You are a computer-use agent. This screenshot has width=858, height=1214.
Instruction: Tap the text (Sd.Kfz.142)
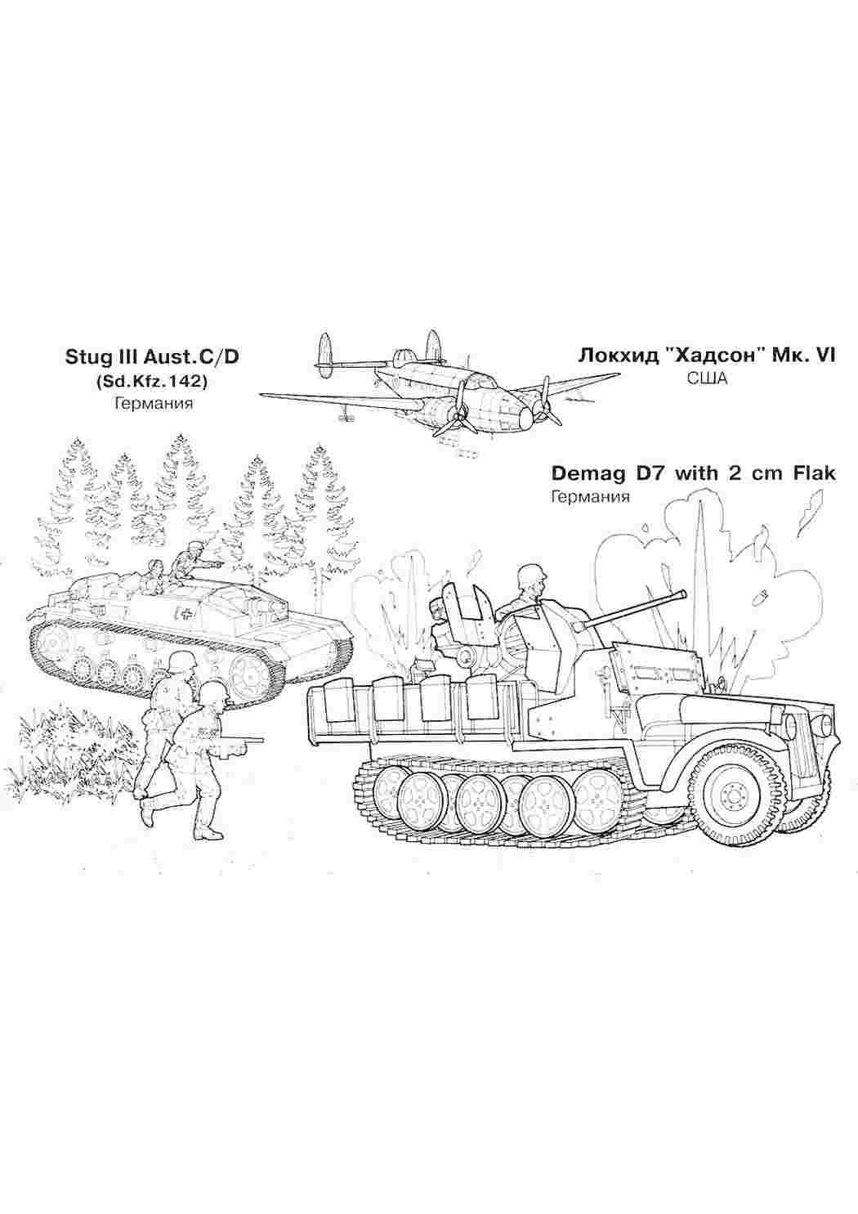point(151,382)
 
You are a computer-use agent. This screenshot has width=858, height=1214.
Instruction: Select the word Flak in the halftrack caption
point(814,473)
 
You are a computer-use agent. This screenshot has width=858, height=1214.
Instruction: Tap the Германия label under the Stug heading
point(154,403)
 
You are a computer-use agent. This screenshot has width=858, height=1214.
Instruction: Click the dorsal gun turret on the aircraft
point(403,358)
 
